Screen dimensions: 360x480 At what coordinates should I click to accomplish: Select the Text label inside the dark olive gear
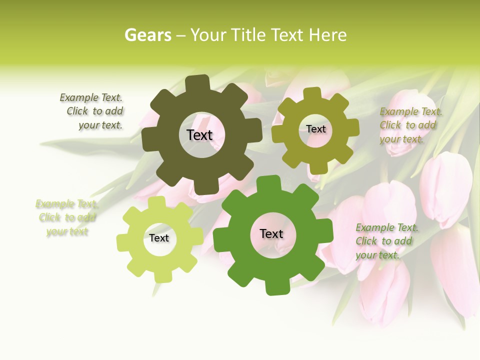point(199,135)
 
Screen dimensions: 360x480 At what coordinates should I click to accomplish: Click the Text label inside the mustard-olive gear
point(315,129)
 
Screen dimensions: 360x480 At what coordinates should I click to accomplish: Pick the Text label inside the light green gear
point(159,238)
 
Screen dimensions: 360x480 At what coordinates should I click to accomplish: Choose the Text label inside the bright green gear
point(271,233)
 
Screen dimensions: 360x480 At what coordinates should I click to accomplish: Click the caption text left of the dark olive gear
point(95,111)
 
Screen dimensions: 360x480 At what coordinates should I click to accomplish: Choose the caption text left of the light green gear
point(66,217)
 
